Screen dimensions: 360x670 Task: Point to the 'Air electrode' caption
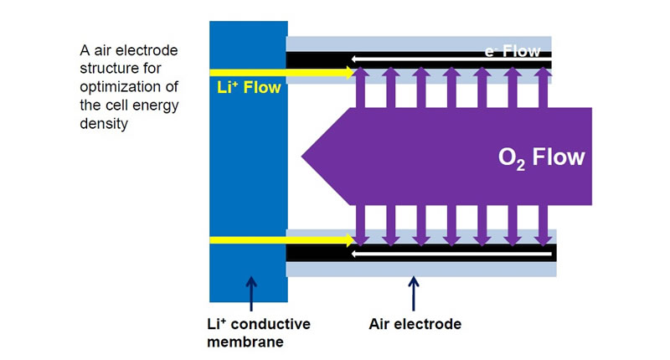click(415, 323)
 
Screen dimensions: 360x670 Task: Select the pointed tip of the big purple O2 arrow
click(304, 157)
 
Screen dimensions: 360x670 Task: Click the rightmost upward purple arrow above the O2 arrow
click(543, 89)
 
